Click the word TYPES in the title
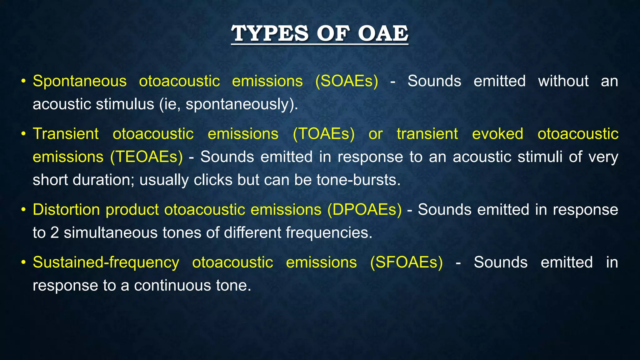[270, 33]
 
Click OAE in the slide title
[383, 33]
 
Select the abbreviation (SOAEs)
[347, 81]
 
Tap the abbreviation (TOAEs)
[323, 134]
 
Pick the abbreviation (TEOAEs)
[146, 157]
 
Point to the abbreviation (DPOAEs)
[364, 209]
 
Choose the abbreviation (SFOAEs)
[406, 262]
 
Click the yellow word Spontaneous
[80, 81]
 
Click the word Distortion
[66, 209]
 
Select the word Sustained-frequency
[106, 262]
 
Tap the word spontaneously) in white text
[242, 104]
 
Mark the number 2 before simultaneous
[54, 233]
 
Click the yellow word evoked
[497, 134]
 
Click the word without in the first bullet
[563, 81]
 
